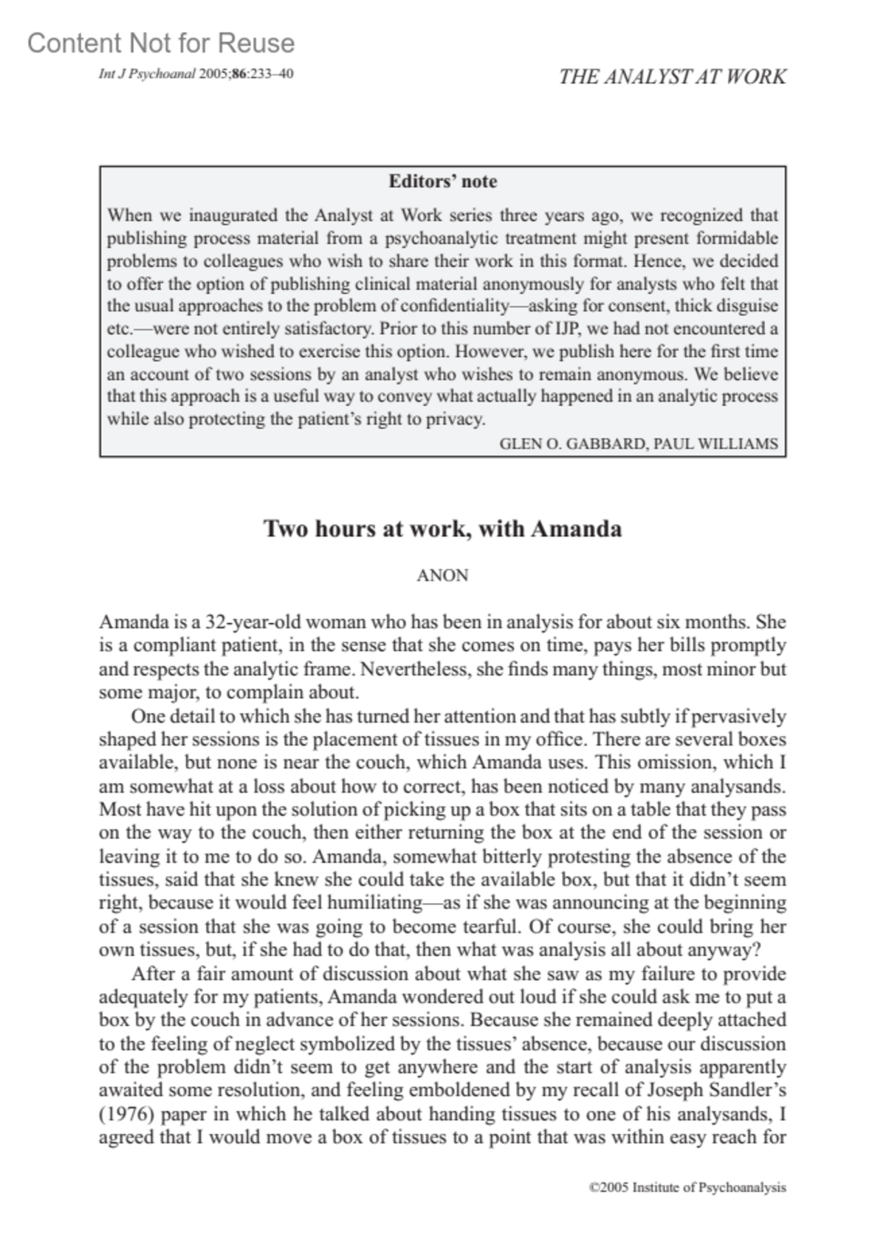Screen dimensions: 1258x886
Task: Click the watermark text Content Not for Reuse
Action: tap(161, 44)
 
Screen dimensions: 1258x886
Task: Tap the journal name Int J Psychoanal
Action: tap(147, 74)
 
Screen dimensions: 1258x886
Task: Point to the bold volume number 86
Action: tap(238, 74)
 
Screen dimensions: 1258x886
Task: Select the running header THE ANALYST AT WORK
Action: tap(672, 77)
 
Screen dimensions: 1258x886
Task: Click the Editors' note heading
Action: tap(442, 182)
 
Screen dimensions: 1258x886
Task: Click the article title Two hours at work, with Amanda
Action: tap(442, 529)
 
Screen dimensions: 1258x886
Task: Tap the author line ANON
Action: tap(442, 575)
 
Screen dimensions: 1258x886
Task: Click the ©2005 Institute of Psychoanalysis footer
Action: tap(687, 1188)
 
